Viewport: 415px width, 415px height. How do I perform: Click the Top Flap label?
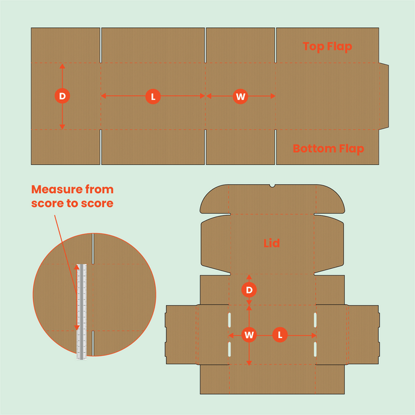[327, 46]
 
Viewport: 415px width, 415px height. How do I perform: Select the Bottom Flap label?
[328, 149]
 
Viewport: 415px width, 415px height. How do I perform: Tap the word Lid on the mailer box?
[271, 244]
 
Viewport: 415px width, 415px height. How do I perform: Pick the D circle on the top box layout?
[62, 96]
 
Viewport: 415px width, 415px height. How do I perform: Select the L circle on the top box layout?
[153, 96]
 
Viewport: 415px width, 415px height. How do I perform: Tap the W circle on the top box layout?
[241, 96]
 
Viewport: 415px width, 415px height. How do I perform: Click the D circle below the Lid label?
[249, 290]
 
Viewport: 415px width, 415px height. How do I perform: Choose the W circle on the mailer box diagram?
[249, 334]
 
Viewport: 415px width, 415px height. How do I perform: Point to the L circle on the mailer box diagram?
[280, 334]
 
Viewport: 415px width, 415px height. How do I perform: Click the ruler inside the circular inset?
[82, 310]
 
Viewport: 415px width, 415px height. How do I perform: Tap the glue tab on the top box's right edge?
[383, 96]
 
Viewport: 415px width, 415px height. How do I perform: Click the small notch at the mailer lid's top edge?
[272, 185]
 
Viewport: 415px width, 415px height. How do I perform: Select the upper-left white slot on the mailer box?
[229, 320]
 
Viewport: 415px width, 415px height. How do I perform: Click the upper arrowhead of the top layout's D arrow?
[62, 66]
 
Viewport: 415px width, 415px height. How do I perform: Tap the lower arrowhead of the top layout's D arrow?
[62, 126]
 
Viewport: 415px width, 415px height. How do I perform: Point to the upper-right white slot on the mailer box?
[315, 320]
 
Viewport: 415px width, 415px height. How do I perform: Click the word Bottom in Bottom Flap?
[313, 149]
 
